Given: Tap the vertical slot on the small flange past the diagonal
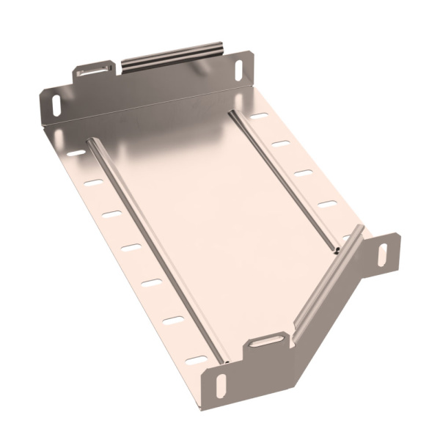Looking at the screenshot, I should pos(382,253).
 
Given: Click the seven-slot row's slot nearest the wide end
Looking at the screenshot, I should pos(76,155).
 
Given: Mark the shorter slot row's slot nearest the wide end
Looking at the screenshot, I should pos(257,117).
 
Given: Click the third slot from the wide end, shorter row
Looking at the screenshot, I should pos(302,173).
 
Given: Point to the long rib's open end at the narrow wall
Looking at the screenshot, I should pos(224,361).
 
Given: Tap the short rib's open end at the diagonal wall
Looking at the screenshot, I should pos(336,250).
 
